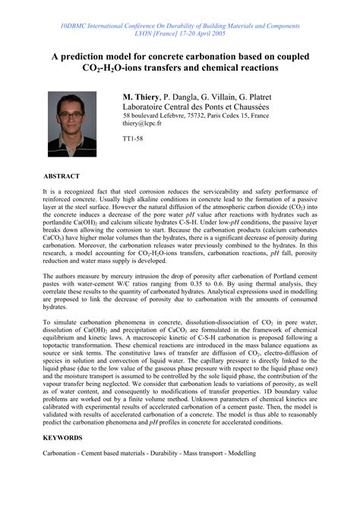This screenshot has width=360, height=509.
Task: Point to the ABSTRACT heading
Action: click(x=62, y=175)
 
